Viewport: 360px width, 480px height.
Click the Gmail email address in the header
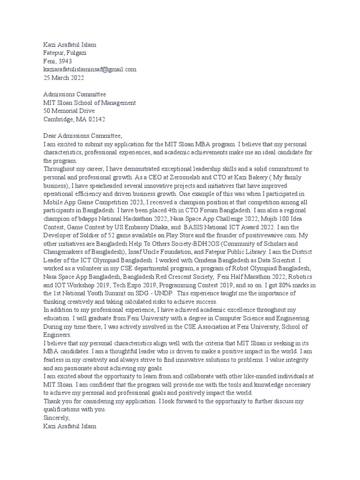[x=90, y=69]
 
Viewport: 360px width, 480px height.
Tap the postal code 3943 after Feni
[x=65, y=61]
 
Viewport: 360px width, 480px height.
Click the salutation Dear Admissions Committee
[x=82, y=136]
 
